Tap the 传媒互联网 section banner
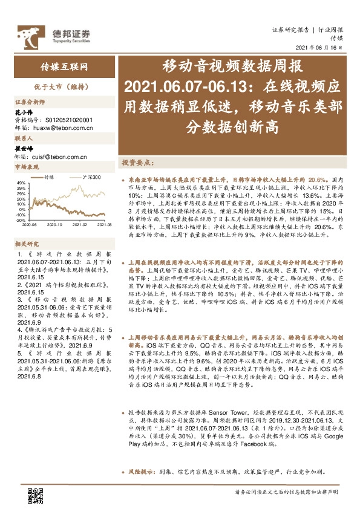coord(60,66)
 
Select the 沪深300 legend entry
coord(89,177)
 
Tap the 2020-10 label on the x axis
coord(55,224)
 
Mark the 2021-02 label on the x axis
coord(81,224)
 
